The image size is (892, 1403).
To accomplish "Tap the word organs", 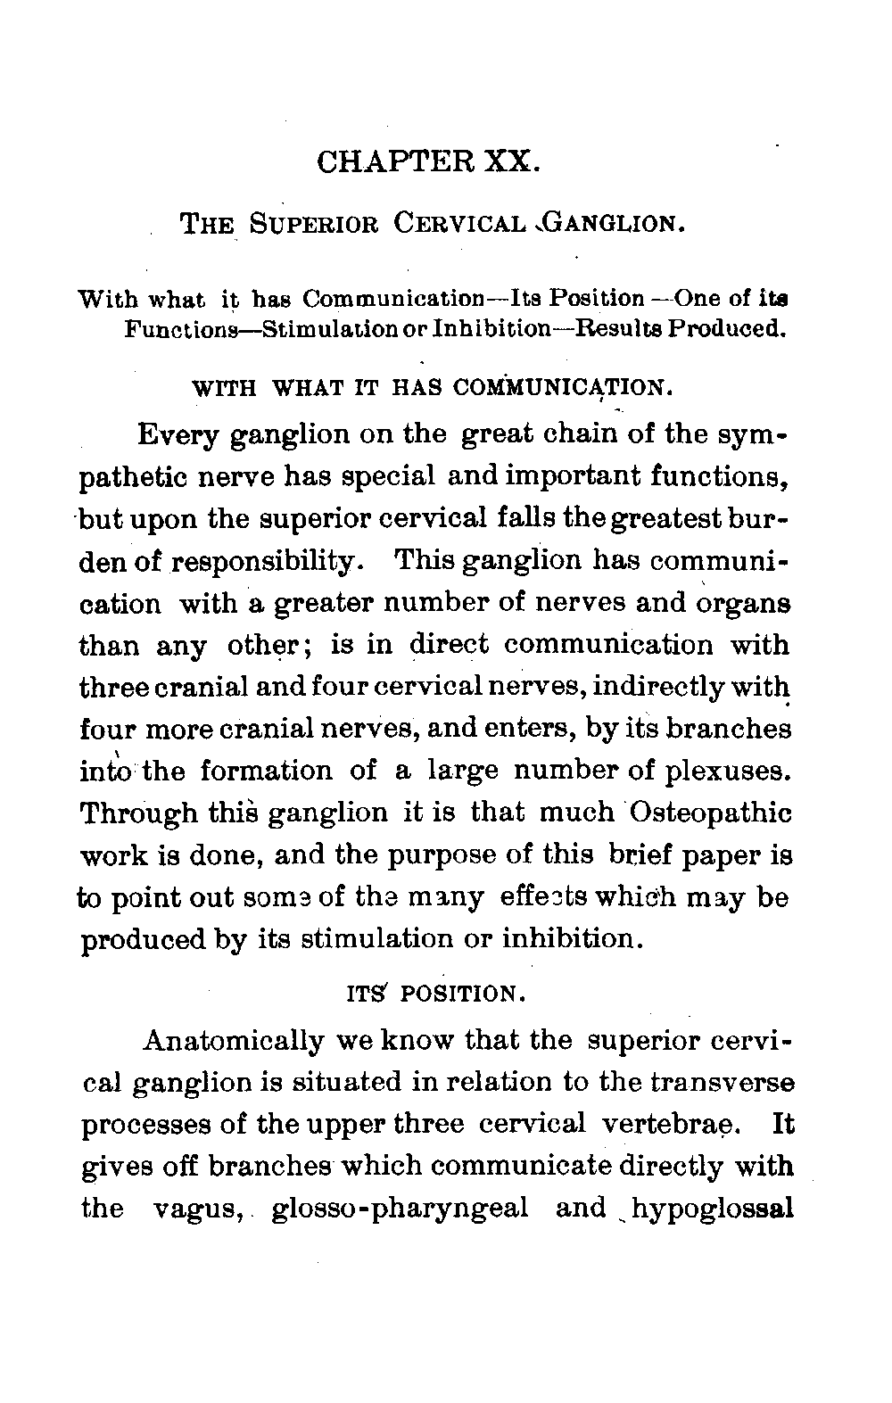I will (740, 604).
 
